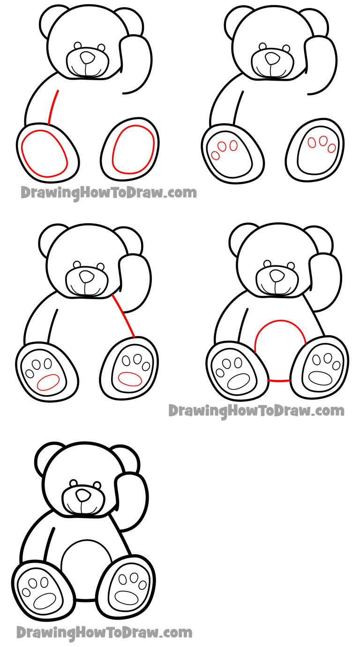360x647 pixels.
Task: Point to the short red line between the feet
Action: pos(278,380)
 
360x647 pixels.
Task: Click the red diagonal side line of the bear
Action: pos(124,316)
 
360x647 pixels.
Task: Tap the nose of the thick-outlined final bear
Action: pos(83,496)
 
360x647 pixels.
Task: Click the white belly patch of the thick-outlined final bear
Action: pos(87,570)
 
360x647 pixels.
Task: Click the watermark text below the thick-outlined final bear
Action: pos(104,632)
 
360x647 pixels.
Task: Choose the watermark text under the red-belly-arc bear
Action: pos(256,411)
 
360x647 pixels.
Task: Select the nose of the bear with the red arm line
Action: pos(87,57)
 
